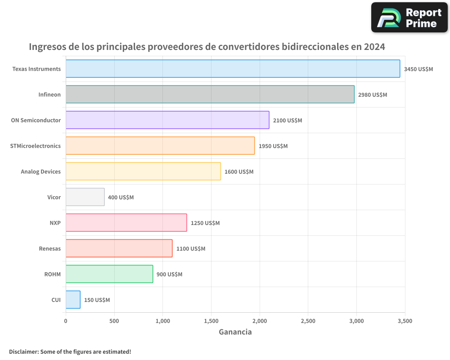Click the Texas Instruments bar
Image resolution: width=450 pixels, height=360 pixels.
(233, 69)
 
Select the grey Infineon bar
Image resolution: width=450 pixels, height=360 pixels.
(210, 94)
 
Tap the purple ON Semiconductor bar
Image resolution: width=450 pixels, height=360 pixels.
(167, 120)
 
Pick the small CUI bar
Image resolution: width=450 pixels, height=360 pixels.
(73, 300)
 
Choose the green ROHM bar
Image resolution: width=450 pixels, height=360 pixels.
(109, 274)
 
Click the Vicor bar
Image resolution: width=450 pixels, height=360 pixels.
(85, 197)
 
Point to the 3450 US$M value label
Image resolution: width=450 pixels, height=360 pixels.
(418, 69)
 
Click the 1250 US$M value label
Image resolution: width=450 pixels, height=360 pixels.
(205, 223)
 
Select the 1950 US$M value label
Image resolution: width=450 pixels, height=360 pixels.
(273, 146)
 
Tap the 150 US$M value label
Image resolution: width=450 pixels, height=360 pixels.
(97, 300)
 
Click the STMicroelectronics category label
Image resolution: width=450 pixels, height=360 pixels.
(36, 146)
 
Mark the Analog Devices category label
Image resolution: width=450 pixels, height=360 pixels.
(40, 171)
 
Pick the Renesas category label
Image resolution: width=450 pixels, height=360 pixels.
(49, 248)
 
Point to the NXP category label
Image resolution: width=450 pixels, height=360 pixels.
(55, 223)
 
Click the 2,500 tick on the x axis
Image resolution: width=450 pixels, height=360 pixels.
(308, 321)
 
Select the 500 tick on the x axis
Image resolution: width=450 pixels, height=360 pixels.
(114, 321)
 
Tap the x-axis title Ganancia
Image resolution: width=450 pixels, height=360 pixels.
(235, 332)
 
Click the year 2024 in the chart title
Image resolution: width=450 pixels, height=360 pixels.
(374, 47)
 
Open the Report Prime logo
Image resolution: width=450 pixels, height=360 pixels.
(409, 18)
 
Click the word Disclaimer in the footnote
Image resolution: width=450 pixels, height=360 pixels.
(23, 351)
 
